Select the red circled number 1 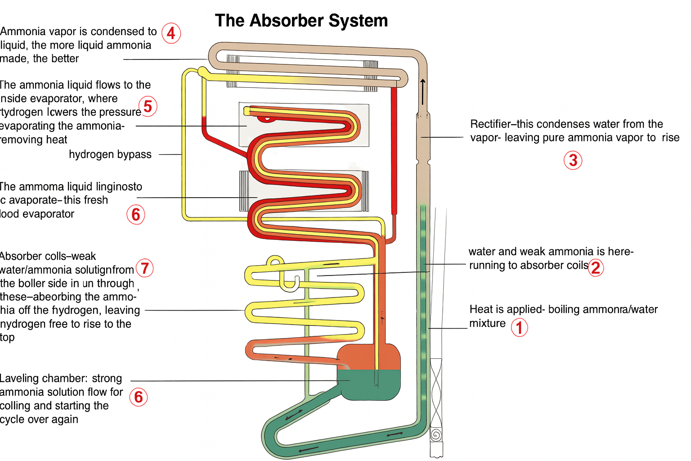click(519, 328)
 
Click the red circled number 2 click(596, 268)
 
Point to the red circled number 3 click(573, 160)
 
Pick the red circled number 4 click(171, 33)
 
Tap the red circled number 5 click(148, 107)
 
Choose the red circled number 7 click(144, 268)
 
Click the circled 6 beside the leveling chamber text click(139, 397)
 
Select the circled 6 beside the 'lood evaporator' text click(135, 215)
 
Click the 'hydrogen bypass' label click(110, 154)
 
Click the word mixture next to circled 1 click(487, 323)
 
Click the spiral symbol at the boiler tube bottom click(435, 435)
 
